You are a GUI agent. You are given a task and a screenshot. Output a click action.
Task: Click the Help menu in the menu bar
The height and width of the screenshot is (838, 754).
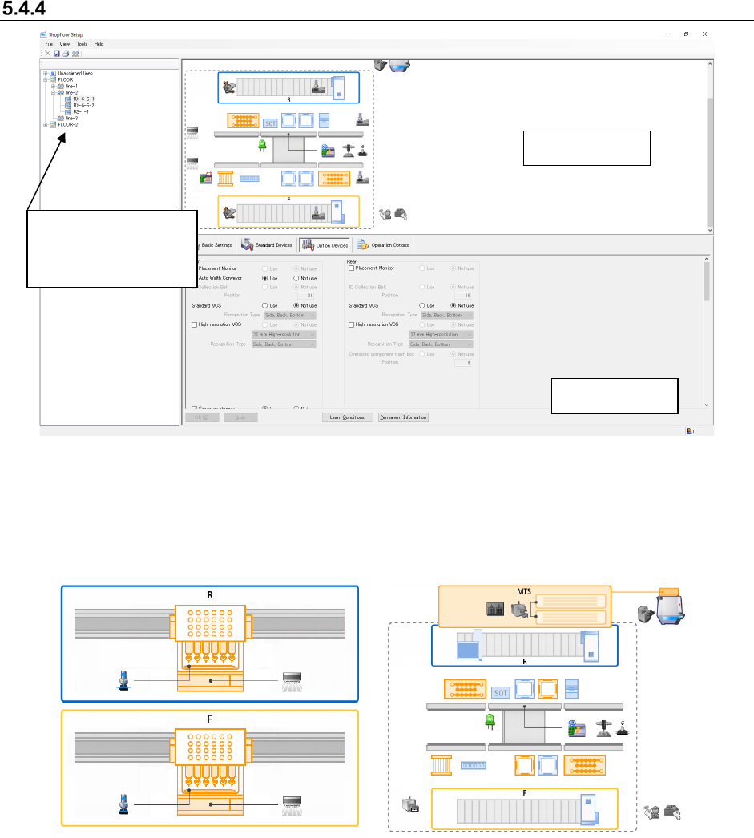coord(99,44)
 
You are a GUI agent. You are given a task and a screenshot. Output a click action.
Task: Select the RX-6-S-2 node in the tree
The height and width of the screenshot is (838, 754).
coord(83,105)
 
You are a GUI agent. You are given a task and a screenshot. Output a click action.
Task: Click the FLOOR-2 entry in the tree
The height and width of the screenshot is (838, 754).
coord(67,125)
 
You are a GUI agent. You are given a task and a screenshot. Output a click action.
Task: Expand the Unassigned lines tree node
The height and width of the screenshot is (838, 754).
coord(46,73)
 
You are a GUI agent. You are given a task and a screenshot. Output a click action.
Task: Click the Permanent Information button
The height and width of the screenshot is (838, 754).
coord(404,417)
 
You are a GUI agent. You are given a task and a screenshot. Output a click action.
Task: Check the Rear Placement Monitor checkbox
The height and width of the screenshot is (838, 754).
coord(352,268)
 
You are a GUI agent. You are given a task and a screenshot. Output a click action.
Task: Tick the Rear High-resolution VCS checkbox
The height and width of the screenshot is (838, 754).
coord(352,324)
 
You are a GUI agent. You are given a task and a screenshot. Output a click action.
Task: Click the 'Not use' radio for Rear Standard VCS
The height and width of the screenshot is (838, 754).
coord(454,305)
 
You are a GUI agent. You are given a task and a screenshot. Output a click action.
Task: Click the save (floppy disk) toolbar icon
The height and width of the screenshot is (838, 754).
coord(57,54)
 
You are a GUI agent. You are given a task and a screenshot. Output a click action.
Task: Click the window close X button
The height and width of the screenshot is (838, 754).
coord(704,35)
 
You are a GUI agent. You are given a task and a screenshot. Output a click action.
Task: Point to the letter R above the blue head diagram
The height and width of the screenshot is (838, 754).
coord(210,595)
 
